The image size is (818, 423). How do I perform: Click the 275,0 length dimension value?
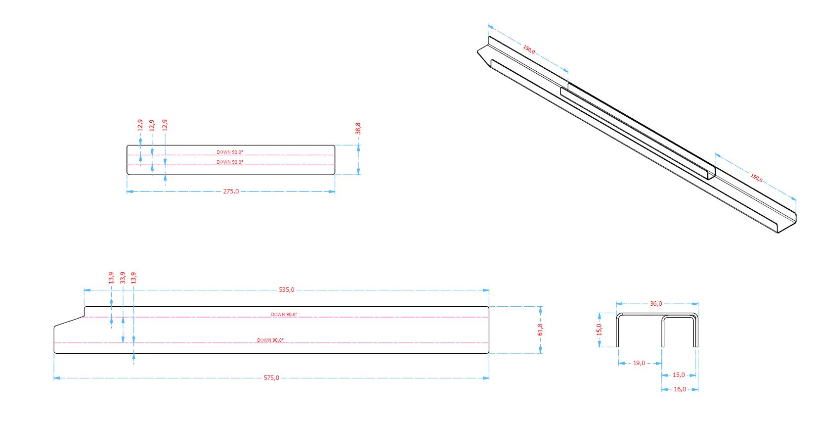[x=231, y=191]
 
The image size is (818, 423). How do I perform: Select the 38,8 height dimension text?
[x=358, y=128]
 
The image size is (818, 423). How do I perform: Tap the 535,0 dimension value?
[x=286, y=290]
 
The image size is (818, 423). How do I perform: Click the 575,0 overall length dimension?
[x=271, y=378]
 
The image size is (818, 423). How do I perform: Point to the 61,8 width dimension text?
[x=540, y=329]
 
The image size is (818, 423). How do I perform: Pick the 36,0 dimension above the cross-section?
[x=656, y=304]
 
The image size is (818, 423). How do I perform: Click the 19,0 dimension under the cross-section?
[x=639, y=363]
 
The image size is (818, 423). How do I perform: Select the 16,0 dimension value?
[x=680, y=389]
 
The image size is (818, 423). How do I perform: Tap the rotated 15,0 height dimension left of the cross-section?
[x=599, y=329]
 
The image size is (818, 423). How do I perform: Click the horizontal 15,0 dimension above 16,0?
[x=679, y=375]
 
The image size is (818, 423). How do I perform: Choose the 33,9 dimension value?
[x=123, y=277]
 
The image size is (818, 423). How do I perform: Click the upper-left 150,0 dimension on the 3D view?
[x=529, y=49]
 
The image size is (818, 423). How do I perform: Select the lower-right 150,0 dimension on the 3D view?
[x=756, y=177]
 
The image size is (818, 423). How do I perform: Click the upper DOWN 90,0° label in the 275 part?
[x=230, y=152]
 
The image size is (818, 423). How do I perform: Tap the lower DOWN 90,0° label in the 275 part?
[x=230, y=162]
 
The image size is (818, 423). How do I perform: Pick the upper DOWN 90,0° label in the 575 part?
[x=284, y=315]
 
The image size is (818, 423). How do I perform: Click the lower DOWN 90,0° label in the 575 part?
[x=270, y=340]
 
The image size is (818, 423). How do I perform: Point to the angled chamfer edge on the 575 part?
[x=68, y=321]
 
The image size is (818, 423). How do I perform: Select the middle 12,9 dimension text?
[x=152, y=125]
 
